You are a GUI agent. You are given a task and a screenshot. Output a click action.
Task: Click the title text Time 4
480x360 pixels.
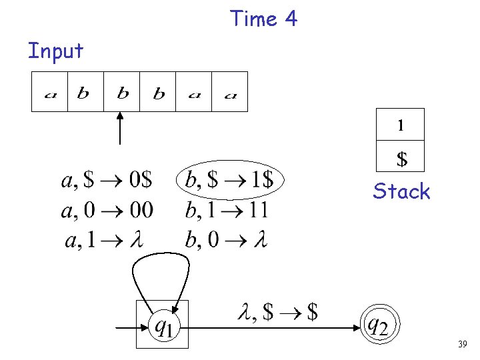(x=263, y=19)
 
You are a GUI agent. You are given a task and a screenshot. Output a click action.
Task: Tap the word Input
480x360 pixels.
(x=55, y=51)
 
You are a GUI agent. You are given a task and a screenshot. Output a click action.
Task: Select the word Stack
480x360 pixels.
(x=401, y=192)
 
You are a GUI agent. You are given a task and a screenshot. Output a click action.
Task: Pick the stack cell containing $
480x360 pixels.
(x=401, y=159)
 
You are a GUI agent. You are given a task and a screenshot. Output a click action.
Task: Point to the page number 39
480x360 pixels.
(x=461, y=344)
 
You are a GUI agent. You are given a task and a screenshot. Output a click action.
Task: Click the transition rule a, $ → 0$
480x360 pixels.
(x=107, y=180)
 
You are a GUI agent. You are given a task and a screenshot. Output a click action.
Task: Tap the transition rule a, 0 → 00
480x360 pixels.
(x=107, y=211)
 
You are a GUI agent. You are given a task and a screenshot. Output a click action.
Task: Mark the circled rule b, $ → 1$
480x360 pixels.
(x=230, y=179)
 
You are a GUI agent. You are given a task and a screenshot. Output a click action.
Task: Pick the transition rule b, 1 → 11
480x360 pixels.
(x=227, y=211)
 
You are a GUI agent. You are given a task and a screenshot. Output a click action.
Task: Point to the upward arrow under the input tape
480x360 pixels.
(x=120, y=128)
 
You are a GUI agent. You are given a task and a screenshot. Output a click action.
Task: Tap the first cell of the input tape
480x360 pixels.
(x=50, y=91)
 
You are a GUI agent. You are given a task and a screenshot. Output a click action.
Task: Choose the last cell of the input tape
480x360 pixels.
(x=230, y=91)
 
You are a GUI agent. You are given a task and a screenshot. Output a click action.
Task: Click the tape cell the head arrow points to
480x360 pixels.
(x=122, y=91)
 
